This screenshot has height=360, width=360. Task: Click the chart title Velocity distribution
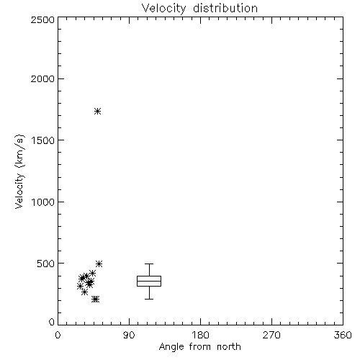(199, 9)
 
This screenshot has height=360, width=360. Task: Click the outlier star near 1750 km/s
(97, 111)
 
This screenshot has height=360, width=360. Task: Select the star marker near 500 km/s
(99, 264)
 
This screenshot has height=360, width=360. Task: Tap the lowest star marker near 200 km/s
(96, 300)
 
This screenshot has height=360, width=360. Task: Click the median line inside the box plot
(149, 281)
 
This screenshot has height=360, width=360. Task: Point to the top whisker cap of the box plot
(149, 264)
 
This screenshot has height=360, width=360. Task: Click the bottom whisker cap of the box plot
(149, 299)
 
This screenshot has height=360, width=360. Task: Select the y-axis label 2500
(42, 19)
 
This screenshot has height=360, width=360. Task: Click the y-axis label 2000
(42, 79)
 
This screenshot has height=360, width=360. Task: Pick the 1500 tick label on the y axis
(43, 140)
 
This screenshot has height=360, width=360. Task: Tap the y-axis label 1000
(43, 202)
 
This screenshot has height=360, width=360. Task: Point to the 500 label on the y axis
(46, 264)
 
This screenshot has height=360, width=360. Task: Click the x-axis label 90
(129, 335)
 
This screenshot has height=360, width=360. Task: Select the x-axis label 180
(200, 335)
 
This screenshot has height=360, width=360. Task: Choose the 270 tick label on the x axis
(271, 335)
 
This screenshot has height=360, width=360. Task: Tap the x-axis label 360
(343, 335)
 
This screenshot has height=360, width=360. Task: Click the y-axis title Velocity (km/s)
(19, 171)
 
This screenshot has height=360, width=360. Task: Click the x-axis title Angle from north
(199, 347)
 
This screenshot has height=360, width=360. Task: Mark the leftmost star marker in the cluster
(80, 286)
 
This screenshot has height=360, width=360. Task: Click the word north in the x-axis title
(229, 346)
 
